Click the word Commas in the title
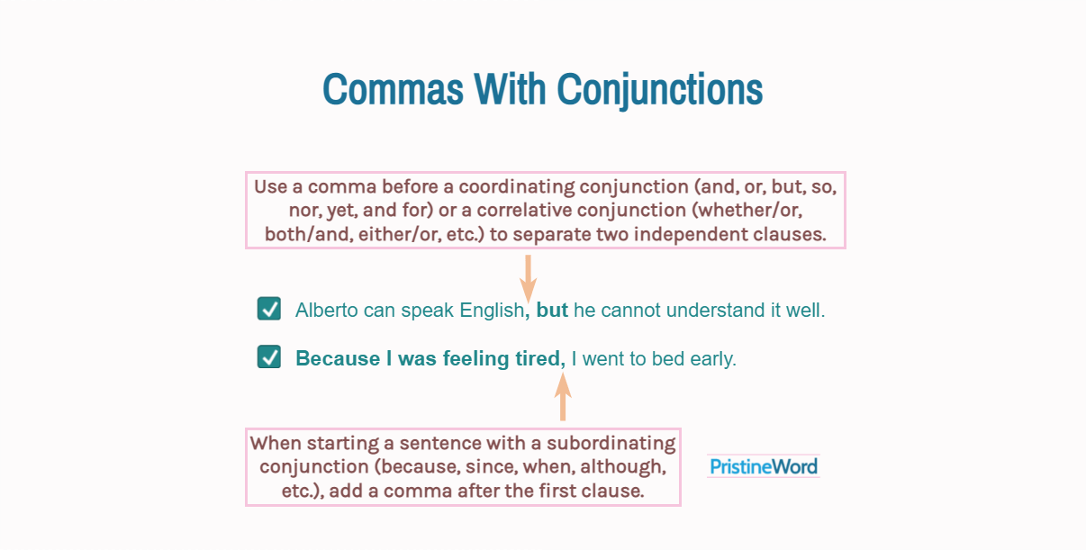394,89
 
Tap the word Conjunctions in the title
660,92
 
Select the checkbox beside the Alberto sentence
269,309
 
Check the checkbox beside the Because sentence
269,356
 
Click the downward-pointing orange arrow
528,279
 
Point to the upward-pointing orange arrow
563,396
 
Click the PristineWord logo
764,466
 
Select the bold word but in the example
552,311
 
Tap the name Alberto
326,311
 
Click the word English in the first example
492,311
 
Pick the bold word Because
338,358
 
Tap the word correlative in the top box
524,211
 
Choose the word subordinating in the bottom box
611,444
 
